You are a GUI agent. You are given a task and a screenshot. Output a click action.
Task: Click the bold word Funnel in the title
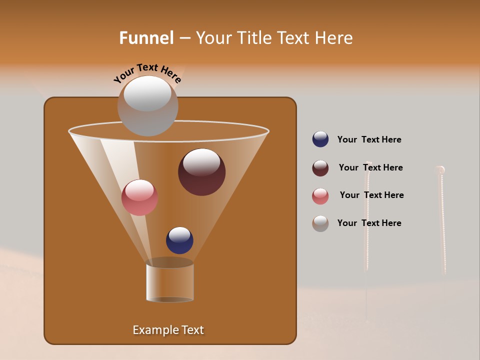[146, 38]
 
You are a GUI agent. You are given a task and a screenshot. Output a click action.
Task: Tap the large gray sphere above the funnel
[147, 106]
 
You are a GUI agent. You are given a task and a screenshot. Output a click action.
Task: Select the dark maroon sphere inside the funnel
[201, 172]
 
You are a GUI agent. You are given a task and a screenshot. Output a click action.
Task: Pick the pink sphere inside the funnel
[139, 197]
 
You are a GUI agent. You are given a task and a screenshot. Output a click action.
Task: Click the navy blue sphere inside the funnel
[179, 240]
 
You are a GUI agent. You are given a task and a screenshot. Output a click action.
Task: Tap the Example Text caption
[168, 330]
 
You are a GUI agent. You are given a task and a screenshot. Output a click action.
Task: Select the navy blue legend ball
[320, 139]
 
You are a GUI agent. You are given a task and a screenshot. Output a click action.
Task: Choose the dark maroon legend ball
[320, 168]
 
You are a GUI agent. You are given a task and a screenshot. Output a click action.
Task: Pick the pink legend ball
[320, 196]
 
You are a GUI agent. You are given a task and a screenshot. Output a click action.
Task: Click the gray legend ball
[320, 223]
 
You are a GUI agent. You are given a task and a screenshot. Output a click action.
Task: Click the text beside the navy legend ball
[369, 139]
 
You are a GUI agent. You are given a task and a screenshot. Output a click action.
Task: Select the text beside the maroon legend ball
[370, 167]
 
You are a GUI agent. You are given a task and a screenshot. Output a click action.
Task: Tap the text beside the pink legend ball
[371, 195]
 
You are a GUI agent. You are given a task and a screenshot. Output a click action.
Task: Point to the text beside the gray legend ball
[369, 223]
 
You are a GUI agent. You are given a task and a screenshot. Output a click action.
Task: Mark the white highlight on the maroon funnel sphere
[201, 162]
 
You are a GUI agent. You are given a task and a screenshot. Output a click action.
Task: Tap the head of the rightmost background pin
[440, 170]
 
